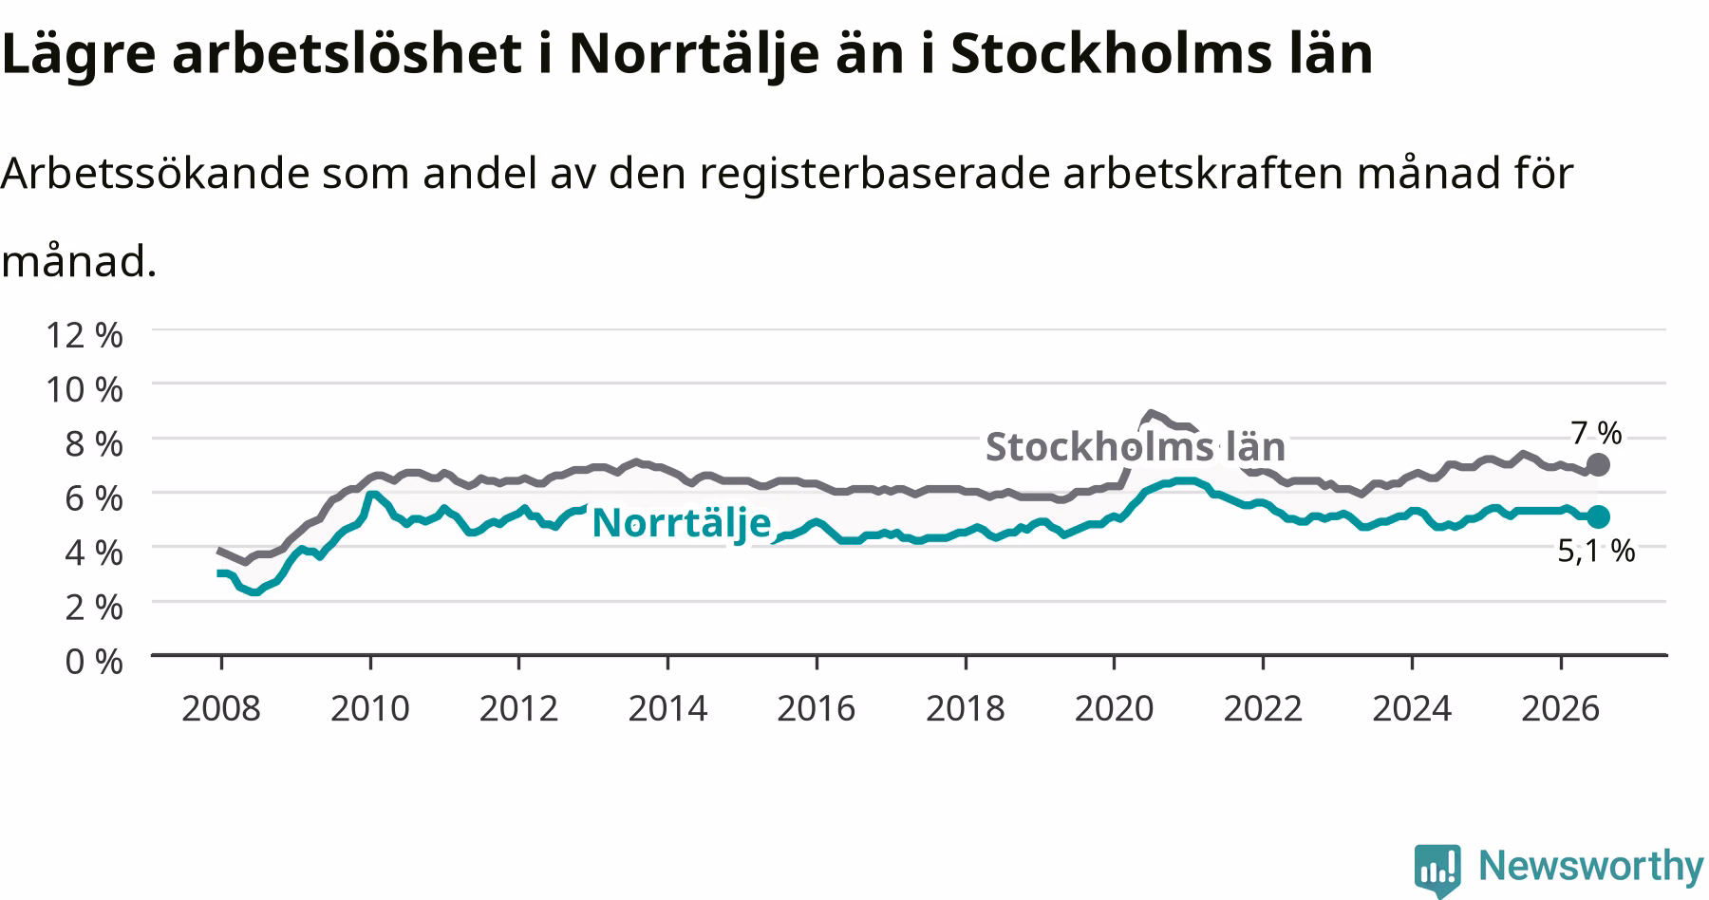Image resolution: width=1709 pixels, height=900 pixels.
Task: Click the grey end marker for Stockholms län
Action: click(1598, 464)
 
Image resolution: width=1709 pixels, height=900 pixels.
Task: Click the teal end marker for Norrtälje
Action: click(1598, 516)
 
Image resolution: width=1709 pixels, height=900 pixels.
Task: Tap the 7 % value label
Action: click(1596, 433)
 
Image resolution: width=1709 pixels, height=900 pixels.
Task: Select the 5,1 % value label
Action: click(1596, 550)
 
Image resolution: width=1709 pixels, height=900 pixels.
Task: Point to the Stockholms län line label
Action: click(1135, 446)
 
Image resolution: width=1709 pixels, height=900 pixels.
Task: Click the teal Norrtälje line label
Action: click(681, 523)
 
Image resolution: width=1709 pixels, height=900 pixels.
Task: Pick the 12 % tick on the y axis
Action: click(85, 334)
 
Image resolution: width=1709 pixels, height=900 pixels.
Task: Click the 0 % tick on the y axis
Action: click(94, 661)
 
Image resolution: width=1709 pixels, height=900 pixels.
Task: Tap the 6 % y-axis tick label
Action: click(94, 497)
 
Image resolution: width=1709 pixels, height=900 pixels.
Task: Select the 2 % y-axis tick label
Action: click(94, 607)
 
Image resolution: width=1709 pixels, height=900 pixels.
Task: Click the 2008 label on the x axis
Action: click(220, 708)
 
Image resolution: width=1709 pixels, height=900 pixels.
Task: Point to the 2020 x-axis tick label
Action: click(1114, 708)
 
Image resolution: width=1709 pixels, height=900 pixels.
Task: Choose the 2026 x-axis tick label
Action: click(1561, 708)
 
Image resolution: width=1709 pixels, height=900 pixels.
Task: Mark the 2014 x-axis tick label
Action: click(667, 708)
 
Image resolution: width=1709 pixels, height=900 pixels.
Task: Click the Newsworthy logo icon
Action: click(1437, 869)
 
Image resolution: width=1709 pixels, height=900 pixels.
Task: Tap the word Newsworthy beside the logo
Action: click(1591, 866)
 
